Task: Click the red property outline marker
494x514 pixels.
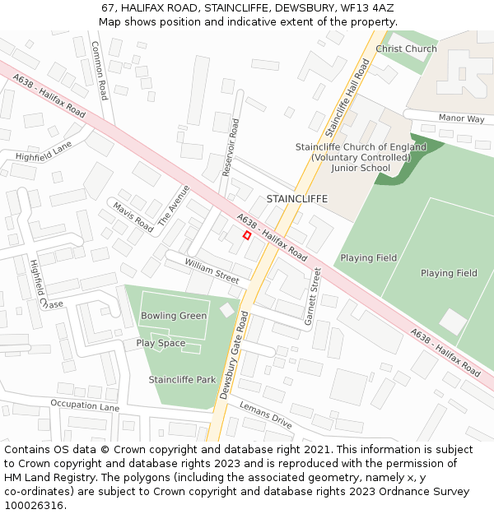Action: pyautogui.click(x=247, y=235)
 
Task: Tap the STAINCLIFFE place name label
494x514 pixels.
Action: pyautogui.click(x=296, y=199)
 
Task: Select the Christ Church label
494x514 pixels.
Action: pyautogui.click(x=406, y=49)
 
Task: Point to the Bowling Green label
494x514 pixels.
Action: pyautogui.click(x=174, y=316)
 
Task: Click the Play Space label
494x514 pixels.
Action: pyautogui.click(x=161, y=343)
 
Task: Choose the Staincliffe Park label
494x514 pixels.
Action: pyautogui.click(x=182, y=379)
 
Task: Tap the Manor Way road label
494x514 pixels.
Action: pyautogui.click(x=461, y=118)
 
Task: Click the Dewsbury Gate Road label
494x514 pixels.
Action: pyautogui.click(x=233, y=355)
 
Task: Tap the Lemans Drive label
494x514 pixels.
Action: pyautogui.click(x=266, y=414)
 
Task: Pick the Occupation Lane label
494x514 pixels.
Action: pyautogui.click(x=85, y=405)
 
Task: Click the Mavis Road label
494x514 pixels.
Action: pyautogui.click(x=133, y=216)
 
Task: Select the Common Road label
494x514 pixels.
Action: pyautogui.click(x=99, y=70)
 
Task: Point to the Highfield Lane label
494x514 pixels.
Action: pyautogui.click(x=44, y=150)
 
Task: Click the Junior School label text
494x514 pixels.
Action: pyautogui.click(x=361, y=168)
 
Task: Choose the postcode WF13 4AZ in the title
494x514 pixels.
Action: pyautogui.click(x=366, y=7)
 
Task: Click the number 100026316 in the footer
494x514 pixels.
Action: pyautogui.click(x=33, y=505)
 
